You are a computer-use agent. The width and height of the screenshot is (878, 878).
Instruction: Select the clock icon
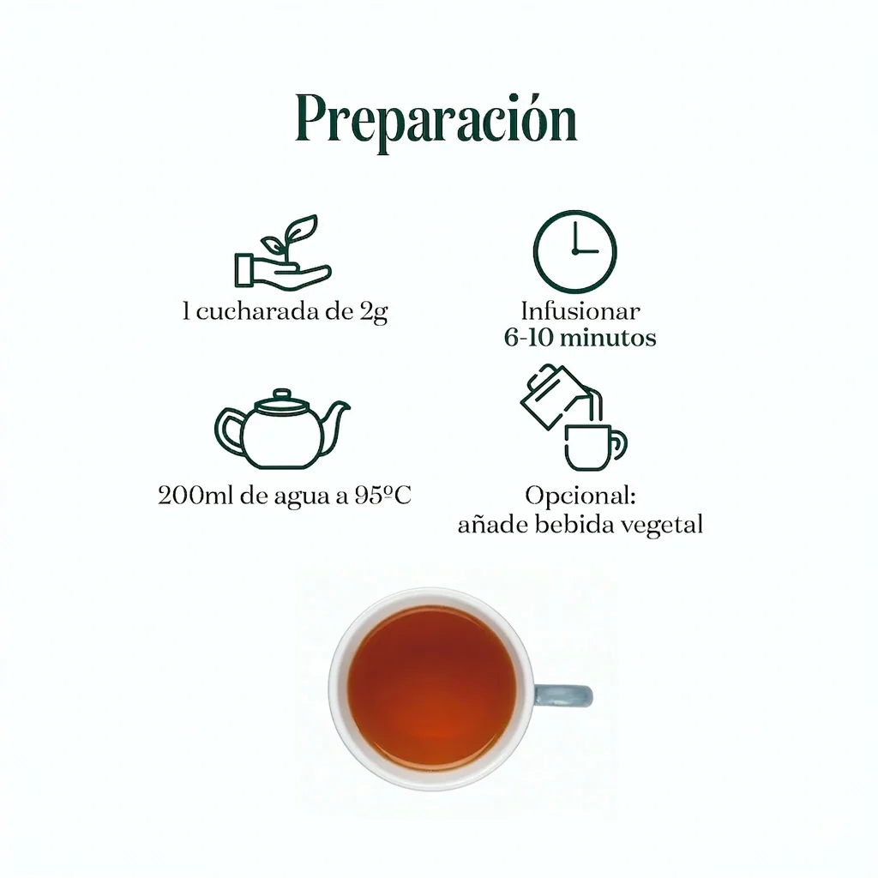[x=575, y=252]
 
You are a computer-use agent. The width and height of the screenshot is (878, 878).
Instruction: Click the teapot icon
[x=281, y=429]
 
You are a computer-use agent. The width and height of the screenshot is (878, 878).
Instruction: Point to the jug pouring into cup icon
[x=574, y=418]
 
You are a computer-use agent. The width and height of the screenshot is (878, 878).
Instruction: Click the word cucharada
[x=260, y=311]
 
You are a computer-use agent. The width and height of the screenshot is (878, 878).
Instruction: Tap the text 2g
[x=374, y=312]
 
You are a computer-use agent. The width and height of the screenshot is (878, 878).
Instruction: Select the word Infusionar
[x=580, y=311]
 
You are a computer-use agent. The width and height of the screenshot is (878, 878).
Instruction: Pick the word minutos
[x=609, y=338]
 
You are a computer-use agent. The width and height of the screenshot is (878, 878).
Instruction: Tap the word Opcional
[x=580, y=496]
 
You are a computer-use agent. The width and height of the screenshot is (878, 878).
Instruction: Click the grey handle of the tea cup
[x=562, y=696]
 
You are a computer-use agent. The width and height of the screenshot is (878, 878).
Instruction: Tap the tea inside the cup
[x=431, y=689]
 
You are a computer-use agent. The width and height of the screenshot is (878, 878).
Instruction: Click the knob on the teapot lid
[x=281, y=394]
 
